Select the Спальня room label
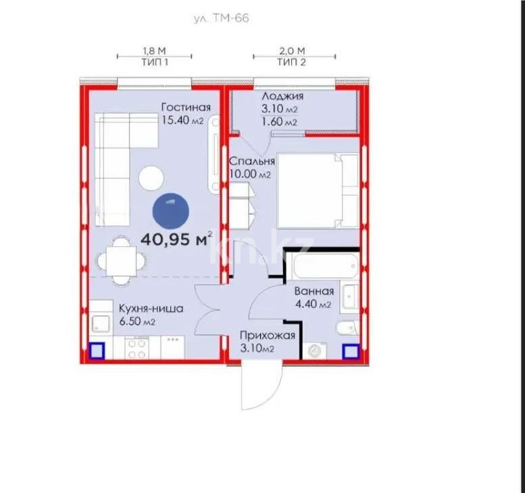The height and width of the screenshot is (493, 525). coord(251,167)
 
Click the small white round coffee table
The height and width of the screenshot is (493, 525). coord(151,179)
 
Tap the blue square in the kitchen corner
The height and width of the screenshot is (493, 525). coord(97,351)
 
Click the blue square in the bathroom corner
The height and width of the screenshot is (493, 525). coord(350,351)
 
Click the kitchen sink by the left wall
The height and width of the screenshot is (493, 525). coord(100,324)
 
